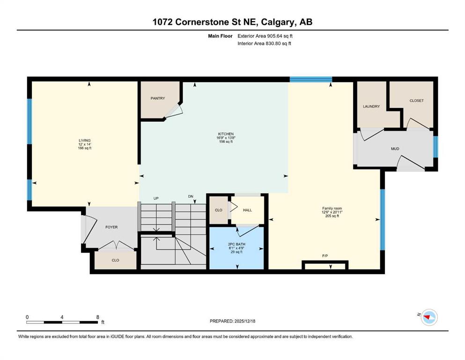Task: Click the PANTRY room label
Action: (157, 98)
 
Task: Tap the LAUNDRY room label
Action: (371, 106)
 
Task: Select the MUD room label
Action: (395, 149)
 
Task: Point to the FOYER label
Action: (111, 227)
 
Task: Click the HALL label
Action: (247, 210)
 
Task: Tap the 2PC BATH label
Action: (236, 244)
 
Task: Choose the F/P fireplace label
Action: (325, 256)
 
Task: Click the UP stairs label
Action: (156, 198)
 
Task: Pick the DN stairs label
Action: (191, 196)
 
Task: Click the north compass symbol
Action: (429, 317)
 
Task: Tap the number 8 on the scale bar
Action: (98, 317)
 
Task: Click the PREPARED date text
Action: (232, 321)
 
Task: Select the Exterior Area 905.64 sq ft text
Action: (265, 36)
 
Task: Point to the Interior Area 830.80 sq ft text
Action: (264, 44)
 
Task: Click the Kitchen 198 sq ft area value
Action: (226, 142)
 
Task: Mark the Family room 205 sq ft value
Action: (332, 216)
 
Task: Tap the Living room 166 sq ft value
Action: (84, 148)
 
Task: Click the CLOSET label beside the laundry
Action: (417, 101)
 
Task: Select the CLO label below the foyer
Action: (115, 260)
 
